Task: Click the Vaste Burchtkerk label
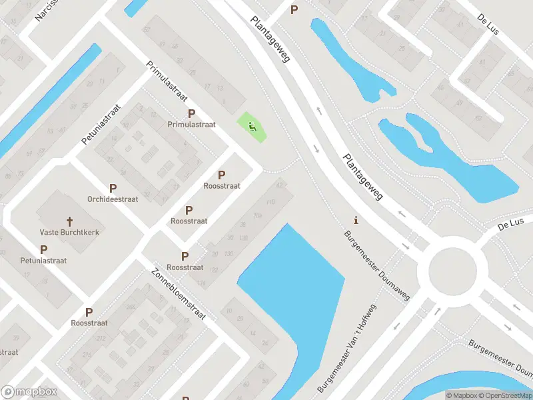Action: coord(69,233)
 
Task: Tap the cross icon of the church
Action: coord(69,221)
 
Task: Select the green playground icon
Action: coord(252,126)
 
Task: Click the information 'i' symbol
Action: coord(356,220)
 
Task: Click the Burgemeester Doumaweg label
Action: coord(377,265)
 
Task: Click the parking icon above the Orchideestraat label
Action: coord(113,189)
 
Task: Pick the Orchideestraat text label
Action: coord(113,199)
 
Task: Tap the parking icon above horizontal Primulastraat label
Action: coord(192,114)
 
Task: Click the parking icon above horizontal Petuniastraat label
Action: coord(43,249)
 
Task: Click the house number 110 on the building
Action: coord(270,202)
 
